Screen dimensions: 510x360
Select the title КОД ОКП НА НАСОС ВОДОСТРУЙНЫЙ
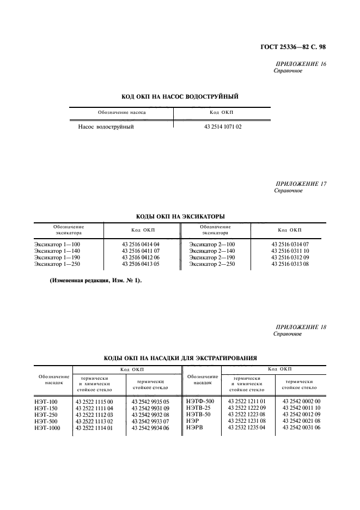coord(180,96)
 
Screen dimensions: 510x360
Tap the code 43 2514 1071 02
coord(222,126)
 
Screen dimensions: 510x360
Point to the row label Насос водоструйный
coord(106,126)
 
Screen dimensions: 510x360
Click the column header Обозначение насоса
coord(121,112)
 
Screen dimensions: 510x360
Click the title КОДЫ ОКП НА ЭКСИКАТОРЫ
coord(180,216)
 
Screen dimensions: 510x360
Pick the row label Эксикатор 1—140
coord(57,251)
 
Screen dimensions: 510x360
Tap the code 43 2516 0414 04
coord(141,245)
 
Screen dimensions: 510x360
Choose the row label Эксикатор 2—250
coord(212,264)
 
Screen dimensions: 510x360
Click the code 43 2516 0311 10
coord(290,251)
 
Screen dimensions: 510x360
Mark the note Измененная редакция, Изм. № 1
coord(95,281)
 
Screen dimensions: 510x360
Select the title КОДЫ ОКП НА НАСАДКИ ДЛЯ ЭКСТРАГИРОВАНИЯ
coord(180,358)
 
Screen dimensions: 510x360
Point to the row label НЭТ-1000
coord(47,428)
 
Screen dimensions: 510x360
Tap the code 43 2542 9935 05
coord(150,402)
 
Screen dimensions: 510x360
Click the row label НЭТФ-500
coord(200,402)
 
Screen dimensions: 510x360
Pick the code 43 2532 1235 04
coord(247,428)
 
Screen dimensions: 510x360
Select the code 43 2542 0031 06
coord(301,428)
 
